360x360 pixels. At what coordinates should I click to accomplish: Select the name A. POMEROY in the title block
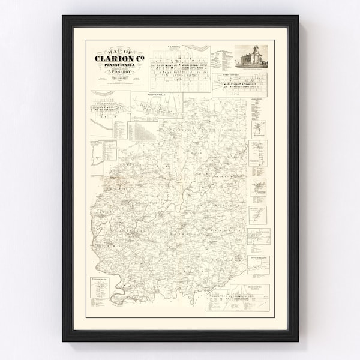coord(118,72)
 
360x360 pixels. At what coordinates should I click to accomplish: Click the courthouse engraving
coord(253,58)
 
